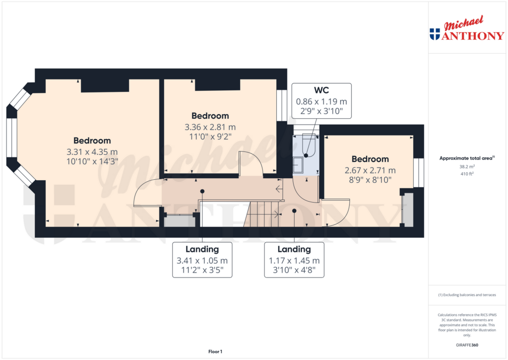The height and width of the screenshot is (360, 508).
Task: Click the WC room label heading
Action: (321, 90)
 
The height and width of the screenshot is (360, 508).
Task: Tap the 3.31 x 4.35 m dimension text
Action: (92, 151)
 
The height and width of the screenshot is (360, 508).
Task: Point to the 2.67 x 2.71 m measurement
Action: (370, 170)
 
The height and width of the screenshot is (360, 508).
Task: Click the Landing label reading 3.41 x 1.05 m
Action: (202, 260)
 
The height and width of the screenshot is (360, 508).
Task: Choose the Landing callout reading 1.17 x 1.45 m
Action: (294, 260)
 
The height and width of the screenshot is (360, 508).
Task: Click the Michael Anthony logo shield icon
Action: (435, 34)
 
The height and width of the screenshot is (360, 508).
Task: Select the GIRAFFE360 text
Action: (466, 345)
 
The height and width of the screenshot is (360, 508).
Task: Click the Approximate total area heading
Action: (465, 158)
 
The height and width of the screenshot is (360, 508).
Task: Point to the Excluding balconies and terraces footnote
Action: (466, 294)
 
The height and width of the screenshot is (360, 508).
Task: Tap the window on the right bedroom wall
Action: (419, 173)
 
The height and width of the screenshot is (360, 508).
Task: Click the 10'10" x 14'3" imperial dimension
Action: (92, 161)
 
